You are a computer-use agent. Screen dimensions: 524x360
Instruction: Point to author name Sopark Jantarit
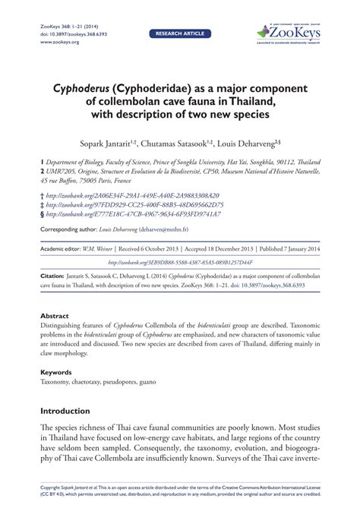click(118, 143)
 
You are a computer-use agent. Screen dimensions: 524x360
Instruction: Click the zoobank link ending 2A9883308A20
click(132, 194)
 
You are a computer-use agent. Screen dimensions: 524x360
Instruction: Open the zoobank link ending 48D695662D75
click(134, 204)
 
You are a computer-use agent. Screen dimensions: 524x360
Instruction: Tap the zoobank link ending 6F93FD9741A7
click(134, 214)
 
